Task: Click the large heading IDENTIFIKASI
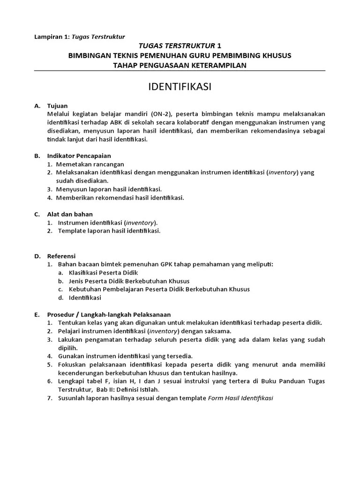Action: coord(180,87)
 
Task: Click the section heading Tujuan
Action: coord(57,106)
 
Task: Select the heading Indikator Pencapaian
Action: coord(79,156)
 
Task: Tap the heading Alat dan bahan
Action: coord(70,214)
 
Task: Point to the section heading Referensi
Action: coord(61,256)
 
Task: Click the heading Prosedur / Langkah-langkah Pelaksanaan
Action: coord(109,315)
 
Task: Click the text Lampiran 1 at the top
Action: coord(51,37)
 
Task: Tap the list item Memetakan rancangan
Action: coord(90,164)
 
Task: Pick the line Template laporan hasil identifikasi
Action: coord(109,231)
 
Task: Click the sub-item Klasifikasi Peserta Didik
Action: coord(103,273)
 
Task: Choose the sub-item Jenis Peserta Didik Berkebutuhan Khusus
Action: coord(129,281)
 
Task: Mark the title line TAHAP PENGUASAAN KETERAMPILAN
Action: coord(180,65)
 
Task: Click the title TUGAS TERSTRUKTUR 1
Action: coord(180,46)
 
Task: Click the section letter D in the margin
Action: coord(37,256)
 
